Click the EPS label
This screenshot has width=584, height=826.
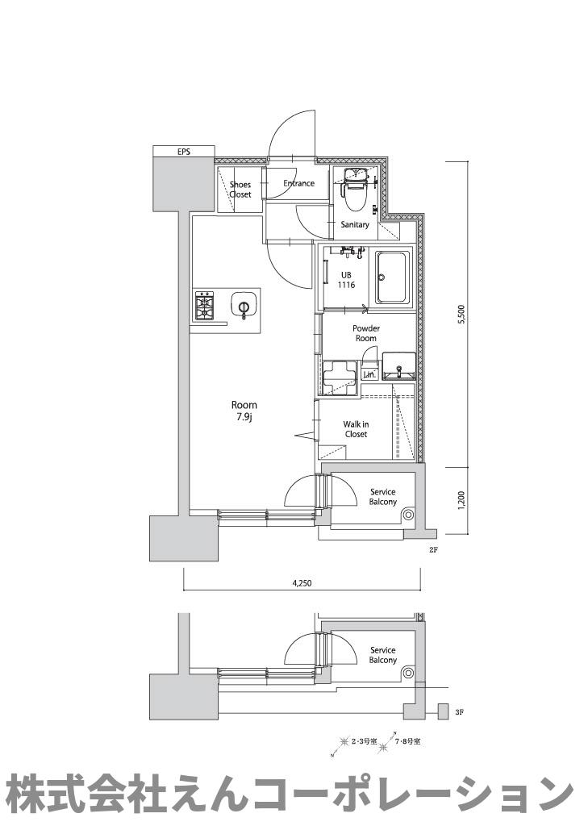tap(183, 152)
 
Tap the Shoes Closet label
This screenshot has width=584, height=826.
tap(240, 190)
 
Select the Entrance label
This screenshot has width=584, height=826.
tap(298, 183)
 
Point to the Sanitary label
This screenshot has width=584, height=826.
tap(354, 224)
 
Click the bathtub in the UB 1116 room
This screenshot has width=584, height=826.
tap(392, 277)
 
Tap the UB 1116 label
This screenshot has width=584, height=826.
tap(346, 280)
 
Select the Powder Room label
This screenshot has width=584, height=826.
tap(366, 333)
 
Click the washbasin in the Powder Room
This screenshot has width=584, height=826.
tap(398, 366)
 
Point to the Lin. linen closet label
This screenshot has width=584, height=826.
tap(369, 374)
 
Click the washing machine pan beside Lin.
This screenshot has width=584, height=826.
tap(340, 378)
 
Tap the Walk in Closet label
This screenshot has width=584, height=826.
tap(356, 429)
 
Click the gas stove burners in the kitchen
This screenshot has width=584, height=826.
tap(204, 306)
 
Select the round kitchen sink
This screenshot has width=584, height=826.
tap(244, 306)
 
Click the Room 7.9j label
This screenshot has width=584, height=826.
tap(244, 410)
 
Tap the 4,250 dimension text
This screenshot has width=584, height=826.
tap(302, 583)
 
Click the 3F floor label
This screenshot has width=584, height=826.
tap(459, 712)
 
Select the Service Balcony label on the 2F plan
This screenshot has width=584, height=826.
tap(383, 497)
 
